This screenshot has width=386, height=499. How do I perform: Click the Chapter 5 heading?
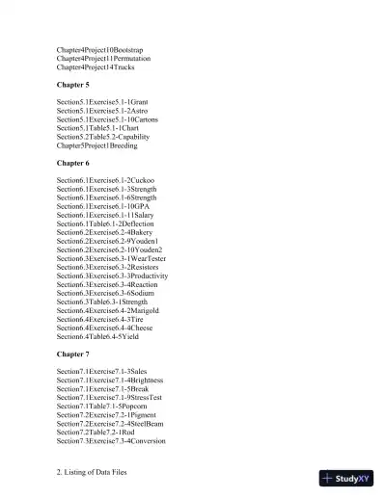(x=75, y=84)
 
